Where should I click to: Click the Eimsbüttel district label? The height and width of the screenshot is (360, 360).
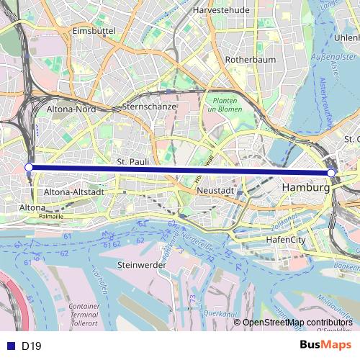89,32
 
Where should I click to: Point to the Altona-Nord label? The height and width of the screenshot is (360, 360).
71,109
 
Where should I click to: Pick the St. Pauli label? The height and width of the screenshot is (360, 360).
132,163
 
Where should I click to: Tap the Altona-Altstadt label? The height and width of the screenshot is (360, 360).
75,193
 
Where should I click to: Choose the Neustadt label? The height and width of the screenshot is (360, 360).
215,191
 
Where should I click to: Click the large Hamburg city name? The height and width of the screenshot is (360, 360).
306,187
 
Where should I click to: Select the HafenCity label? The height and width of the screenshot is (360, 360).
287,238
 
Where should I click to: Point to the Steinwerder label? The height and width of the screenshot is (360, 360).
141,265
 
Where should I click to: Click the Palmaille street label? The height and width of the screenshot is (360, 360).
51,215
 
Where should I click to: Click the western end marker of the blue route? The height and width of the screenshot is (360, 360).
29,167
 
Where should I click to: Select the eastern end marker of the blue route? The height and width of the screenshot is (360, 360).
331,174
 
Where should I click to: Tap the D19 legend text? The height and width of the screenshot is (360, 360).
32,346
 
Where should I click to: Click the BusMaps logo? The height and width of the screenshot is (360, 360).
320,345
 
